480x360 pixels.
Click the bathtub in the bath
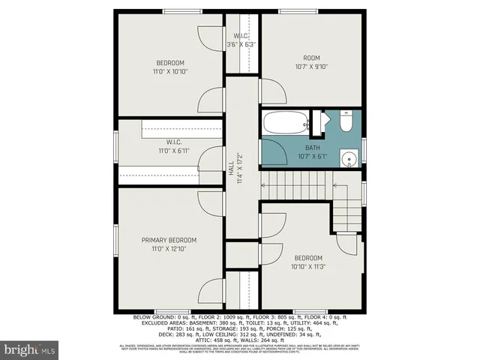point(285,121)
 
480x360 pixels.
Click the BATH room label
point(312,148)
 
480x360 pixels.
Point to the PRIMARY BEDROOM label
point(169,240)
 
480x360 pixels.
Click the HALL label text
point(230,169)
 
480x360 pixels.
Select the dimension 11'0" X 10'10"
point(170,72)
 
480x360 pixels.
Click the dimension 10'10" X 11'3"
point(308,265)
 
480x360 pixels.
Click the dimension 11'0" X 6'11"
point(174,151)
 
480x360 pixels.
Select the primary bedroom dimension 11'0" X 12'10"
point(169,249)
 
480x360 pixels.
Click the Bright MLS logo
point(30,349)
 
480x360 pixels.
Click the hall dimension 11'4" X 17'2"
point(239,169)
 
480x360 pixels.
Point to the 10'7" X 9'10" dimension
point(311,65)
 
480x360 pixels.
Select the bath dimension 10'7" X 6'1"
point(312,157)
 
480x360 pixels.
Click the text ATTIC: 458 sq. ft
point(193,338)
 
